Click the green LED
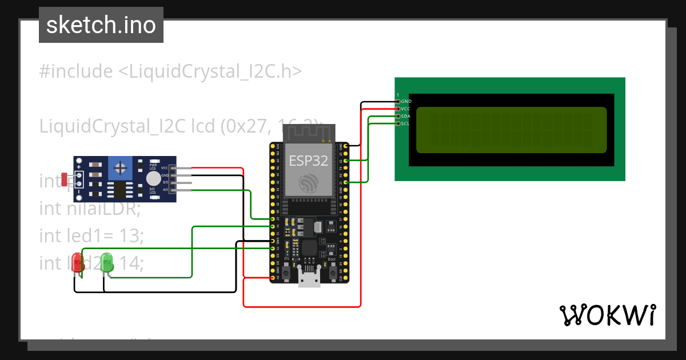coord(107,263)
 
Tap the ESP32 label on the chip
coord(308,161)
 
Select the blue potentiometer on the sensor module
coord(120,168)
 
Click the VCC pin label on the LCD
coord(405,109)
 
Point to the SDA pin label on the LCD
coord(405,116)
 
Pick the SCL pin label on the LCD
coord(405,123)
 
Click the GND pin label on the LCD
coord(406,101)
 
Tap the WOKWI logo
coord(607,315)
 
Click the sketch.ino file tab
coord(101,25)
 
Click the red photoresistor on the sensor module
coord(65,177)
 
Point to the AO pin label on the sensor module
coord(165,189)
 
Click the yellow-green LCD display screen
coord(511,130)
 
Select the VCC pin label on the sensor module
coord(165,168)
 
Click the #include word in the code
coord(76,71)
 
